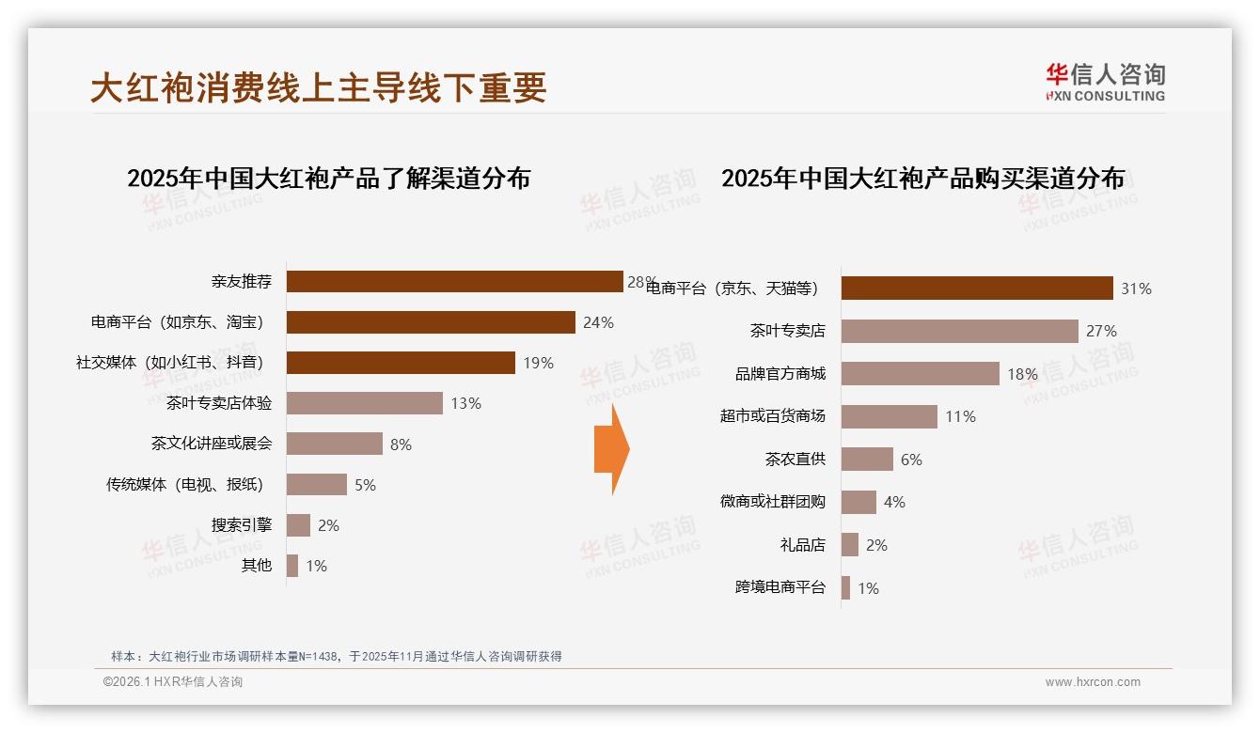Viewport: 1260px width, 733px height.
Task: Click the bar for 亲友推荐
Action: (454, 282)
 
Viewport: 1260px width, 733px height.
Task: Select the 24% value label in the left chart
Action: (598, 322)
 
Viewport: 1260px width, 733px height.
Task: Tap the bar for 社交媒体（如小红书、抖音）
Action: (401, 363)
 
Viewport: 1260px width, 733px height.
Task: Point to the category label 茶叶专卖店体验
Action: (219, 403)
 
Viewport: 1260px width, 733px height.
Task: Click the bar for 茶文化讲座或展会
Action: (334, 444)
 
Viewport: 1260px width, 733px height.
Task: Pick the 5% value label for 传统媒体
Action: (365, 485)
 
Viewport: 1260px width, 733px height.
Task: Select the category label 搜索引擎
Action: (242, 524)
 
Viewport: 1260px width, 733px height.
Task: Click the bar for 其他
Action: (292, 566)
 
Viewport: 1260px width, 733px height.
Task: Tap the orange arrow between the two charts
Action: (611, 449)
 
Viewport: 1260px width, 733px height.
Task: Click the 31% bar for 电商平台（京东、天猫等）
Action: (977, 289)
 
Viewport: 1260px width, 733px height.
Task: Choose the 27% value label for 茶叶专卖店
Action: (1101, 331)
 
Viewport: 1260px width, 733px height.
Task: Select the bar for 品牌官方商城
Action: (920, 374)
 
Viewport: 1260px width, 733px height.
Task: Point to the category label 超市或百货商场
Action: (772, 415)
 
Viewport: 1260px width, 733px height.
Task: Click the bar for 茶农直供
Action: (867, 460)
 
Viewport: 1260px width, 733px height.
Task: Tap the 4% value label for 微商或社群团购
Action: (894, 503)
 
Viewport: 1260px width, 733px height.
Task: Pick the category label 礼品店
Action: (802, 544)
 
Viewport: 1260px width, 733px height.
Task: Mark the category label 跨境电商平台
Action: (780, 587)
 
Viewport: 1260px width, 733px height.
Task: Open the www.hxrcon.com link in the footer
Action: (1093, 682)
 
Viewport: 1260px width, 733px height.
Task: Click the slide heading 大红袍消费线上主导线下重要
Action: (319, 88)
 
